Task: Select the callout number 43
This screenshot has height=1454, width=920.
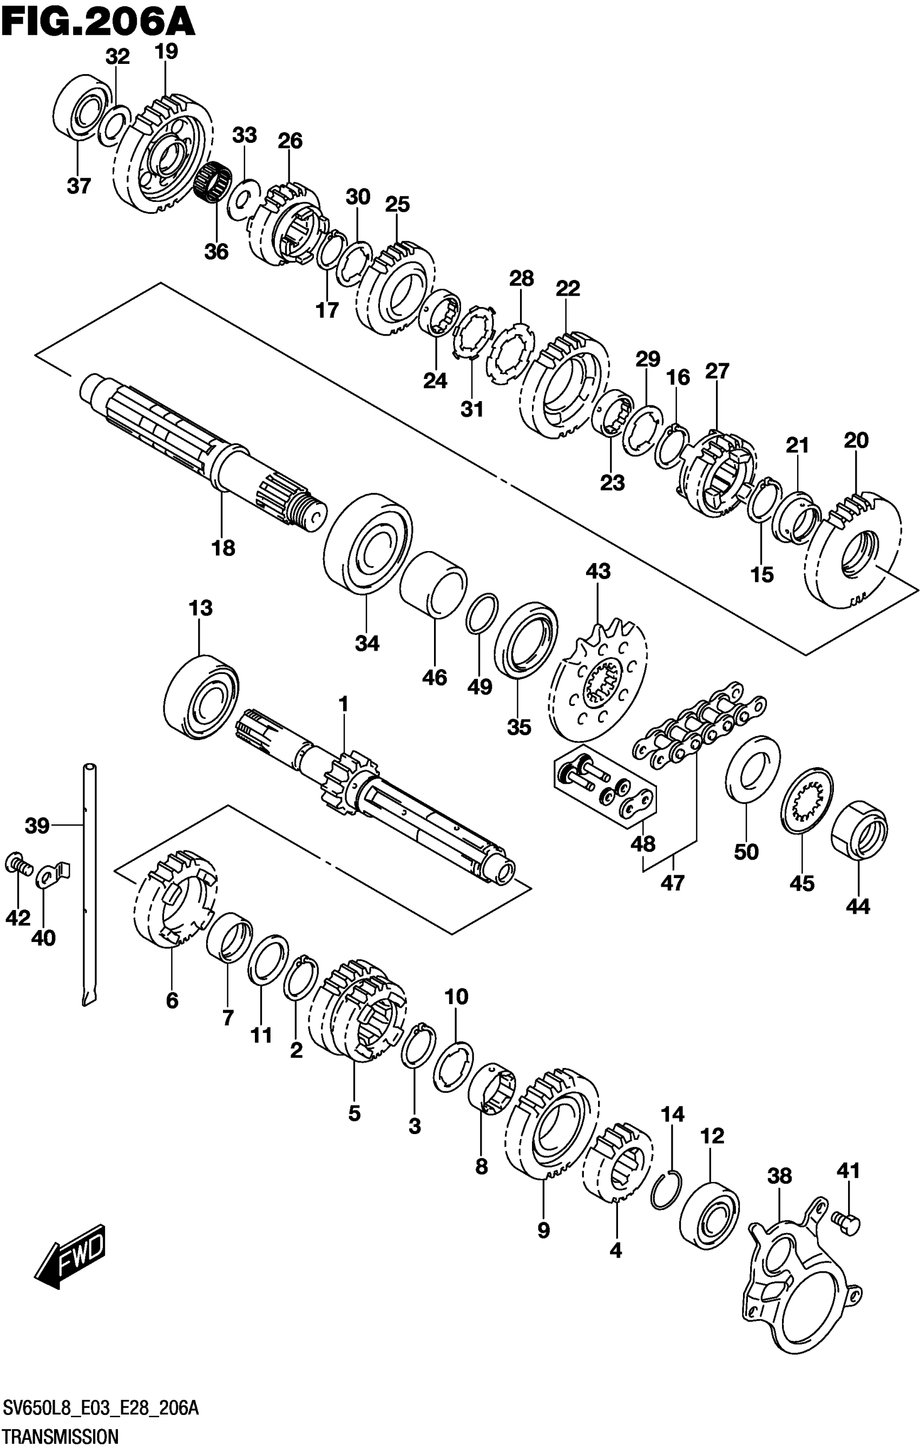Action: (x=597, y=571)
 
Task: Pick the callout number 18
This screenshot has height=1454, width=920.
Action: (x=223, y=548)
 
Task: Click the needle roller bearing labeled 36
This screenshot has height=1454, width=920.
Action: (x=214, y=182)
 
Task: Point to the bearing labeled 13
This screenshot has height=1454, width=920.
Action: (x=201, y=695)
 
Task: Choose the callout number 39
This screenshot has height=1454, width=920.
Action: (x=37, y=826)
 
